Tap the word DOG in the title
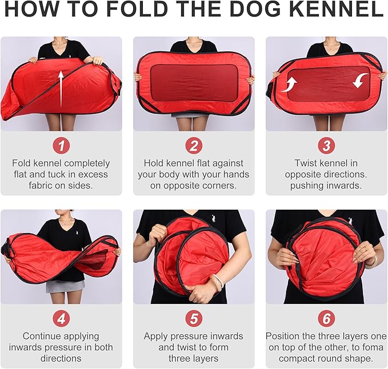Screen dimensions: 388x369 point(255,9)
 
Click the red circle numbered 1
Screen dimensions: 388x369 point(61,146)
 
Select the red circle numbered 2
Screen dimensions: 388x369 point(194,146)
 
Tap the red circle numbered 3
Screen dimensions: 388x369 point(326,146)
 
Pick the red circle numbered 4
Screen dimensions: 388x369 point(61,319)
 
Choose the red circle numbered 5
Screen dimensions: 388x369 point(194,319)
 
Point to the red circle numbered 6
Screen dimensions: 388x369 point(326,319)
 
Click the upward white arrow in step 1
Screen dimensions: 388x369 point(61,90)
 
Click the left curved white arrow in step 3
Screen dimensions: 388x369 point(290,85)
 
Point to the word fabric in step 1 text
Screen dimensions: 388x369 point(41,185)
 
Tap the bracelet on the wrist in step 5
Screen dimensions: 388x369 point(218,280)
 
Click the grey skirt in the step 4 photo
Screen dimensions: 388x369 point(65,286)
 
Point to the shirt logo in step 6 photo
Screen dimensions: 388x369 point(350,221)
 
